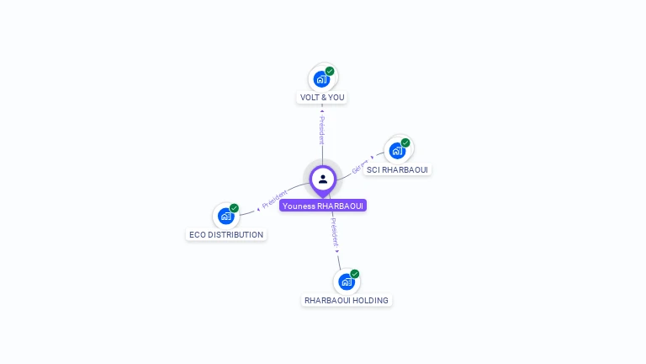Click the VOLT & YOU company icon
(x=320, y=79)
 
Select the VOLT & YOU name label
(x=322, y=98)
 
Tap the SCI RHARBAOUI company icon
(x=396, y=152)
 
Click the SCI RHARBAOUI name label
(x=397, y=170)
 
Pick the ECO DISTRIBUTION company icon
(x=225, y=217)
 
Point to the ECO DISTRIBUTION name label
(x=226, y=235)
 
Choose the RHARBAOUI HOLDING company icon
(x=346, y=282)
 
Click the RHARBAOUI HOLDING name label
(x=347, y=301)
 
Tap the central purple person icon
(x=323, y=179)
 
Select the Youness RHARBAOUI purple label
(x=323, y=206)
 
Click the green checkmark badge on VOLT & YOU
(x=330, y=72)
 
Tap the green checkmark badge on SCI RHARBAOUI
(x=405, y=143)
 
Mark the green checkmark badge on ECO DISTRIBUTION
(x=234, y=208)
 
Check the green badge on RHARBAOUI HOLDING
(x=355, y=274)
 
